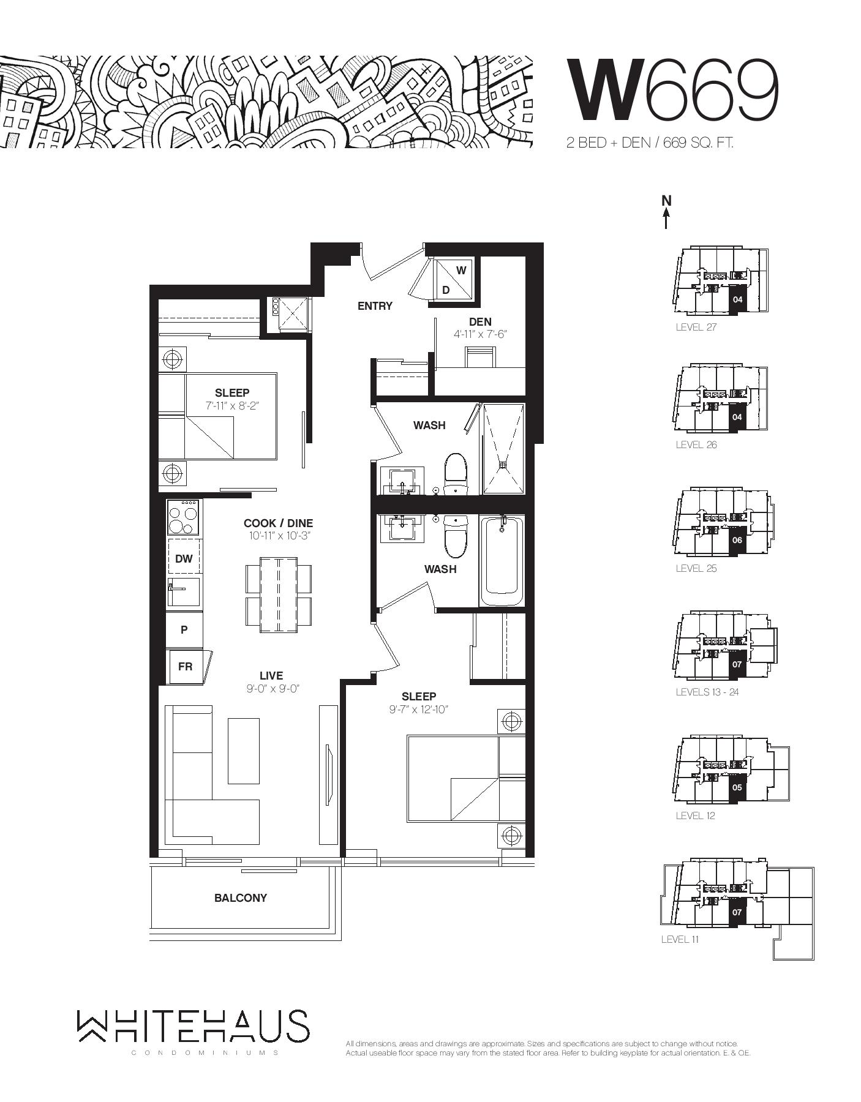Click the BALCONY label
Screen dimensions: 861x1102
tap(241, 898)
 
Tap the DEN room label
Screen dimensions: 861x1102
tap(480, 321)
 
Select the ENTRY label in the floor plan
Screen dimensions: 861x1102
tap(375, 305)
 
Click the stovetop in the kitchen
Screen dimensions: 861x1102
tap(184, 518)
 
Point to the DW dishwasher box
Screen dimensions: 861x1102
tap(184, 558)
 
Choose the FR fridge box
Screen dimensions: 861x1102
tap(186, 667)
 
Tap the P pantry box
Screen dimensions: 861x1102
tap(184, 629)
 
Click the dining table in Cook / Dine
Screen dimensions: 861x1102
tap(279, 594)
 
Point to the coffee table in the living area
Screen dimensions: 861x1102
tap(244, 751)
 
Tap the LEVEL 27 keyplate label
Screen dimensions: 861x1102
tap(696, 327)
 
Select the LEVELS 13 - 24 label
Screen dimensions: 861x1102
tap(707, 692)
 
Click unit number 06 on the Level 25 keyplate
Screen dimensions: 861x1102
tap(737, 541)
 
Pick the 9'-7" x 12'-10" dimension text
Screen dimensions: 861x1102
tap(419, 710)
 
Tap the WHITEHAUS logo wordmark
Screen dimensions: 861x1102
tap(193, 1026)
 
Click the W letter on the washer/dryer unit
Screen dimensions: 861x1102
tap(461, 270)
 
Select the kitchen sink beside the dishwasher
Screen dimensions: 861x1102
tap(184, 591)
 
